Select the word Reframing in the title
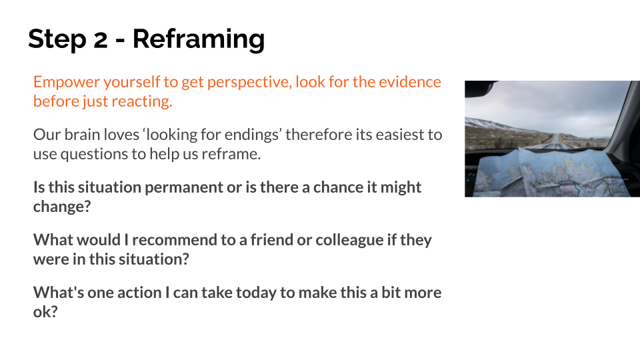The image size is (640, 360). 199,39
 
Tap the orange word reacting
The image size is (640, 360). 141,101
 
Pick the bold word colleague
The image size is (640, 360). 350,239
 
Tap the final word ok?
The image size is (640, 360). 45,311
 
